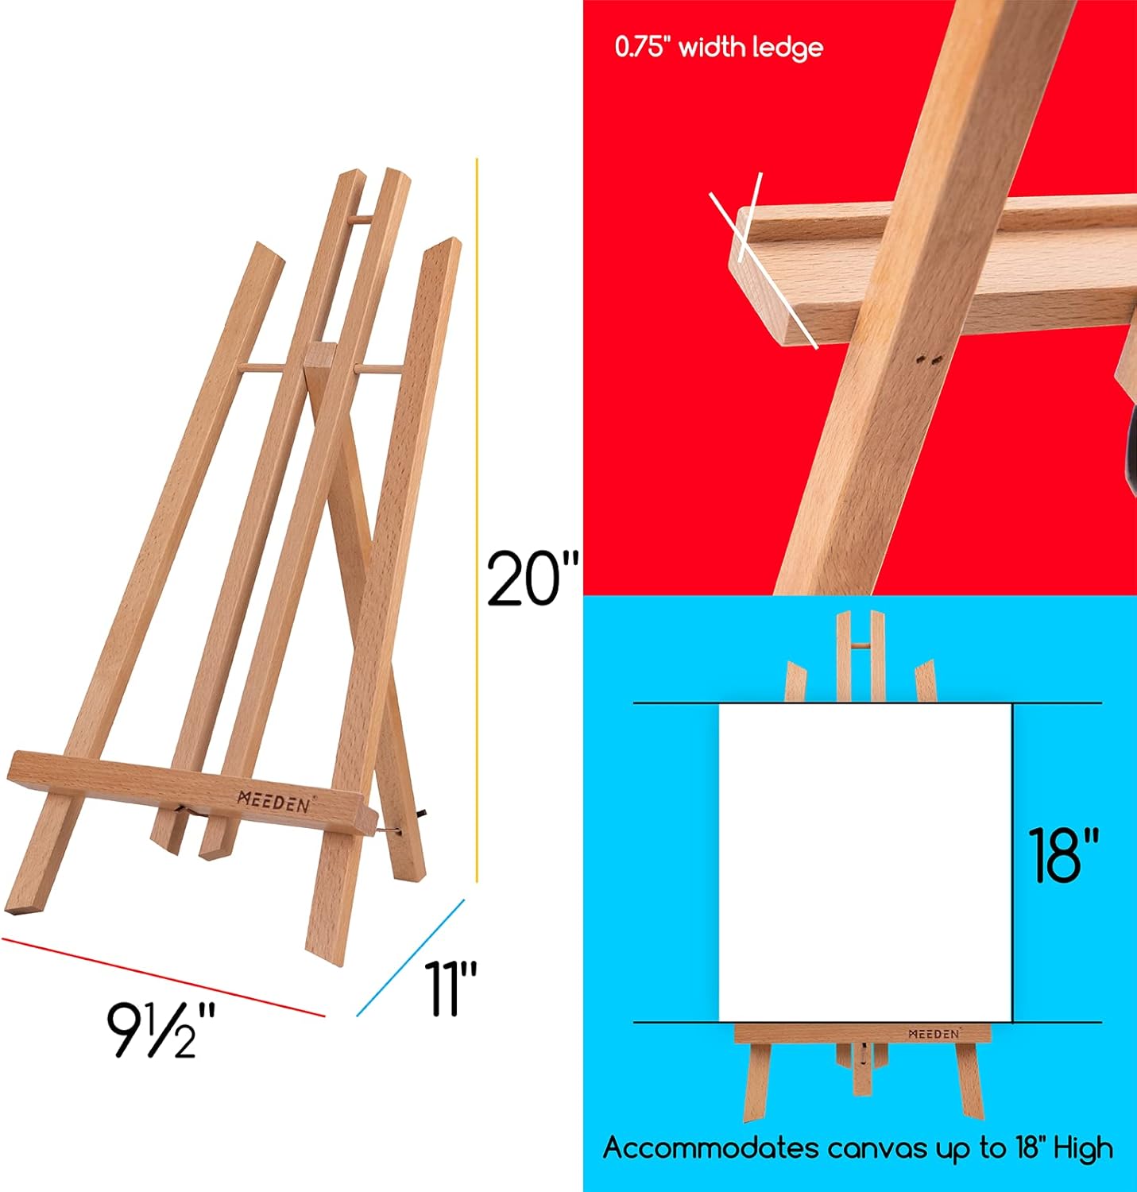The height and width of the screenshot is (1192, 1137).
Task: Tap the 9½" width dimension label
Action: coord(162,1030)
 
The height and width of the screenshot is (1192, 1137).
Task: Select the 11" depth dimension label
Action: coord(450,989)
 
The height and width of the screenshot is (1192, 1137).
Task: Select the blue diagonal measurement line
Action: coord(410,958)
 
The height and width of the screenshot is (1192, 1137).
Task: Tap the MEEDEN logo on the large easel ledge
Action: coord(275,801)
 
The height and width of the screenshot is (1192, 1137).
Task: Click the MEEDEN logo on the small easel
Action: coord(934,1034)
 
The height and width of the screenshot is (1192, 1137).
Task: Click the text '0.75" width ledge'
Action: coord(718,48)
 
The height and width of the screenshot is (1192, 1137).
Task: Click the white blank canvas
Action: coord(864,862)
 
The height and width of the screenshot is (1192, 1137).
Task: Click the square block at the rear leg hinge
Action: coord(319,354)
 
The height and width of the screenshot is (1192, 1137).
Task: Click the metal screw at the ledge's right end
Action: coord(389,830)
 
